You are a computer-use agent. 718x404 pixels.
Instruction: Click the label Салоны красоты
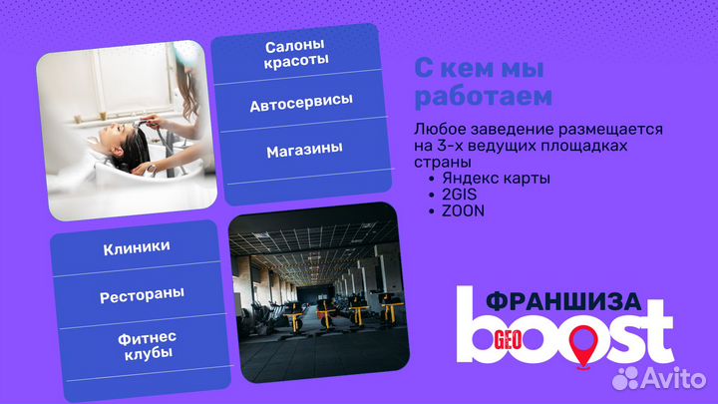pos(297,54)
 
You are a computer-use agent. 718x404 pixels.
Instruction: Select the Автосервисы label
pos(300,104)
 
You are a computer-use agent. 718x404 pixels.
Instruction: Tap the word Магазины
pos(304,149)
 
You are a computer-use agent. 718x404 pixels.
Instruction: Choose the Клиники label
pos(136,246)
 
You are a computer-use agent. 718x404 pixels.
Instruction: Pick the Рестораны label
pos(135,296)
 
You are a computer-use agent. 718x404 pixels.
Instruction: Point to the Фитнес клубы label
pos(137,346)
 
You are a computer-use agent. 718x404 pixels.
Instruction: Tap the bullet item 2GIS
pos(459,195)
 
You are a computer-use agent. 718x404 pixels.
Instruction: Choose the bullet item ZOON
pos(462,210)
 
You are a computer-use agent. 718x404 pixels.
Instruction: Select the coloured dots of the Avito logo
pos(627,377)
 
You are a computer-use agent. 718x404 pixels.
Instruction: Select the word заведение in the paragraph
pos(513,131)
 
